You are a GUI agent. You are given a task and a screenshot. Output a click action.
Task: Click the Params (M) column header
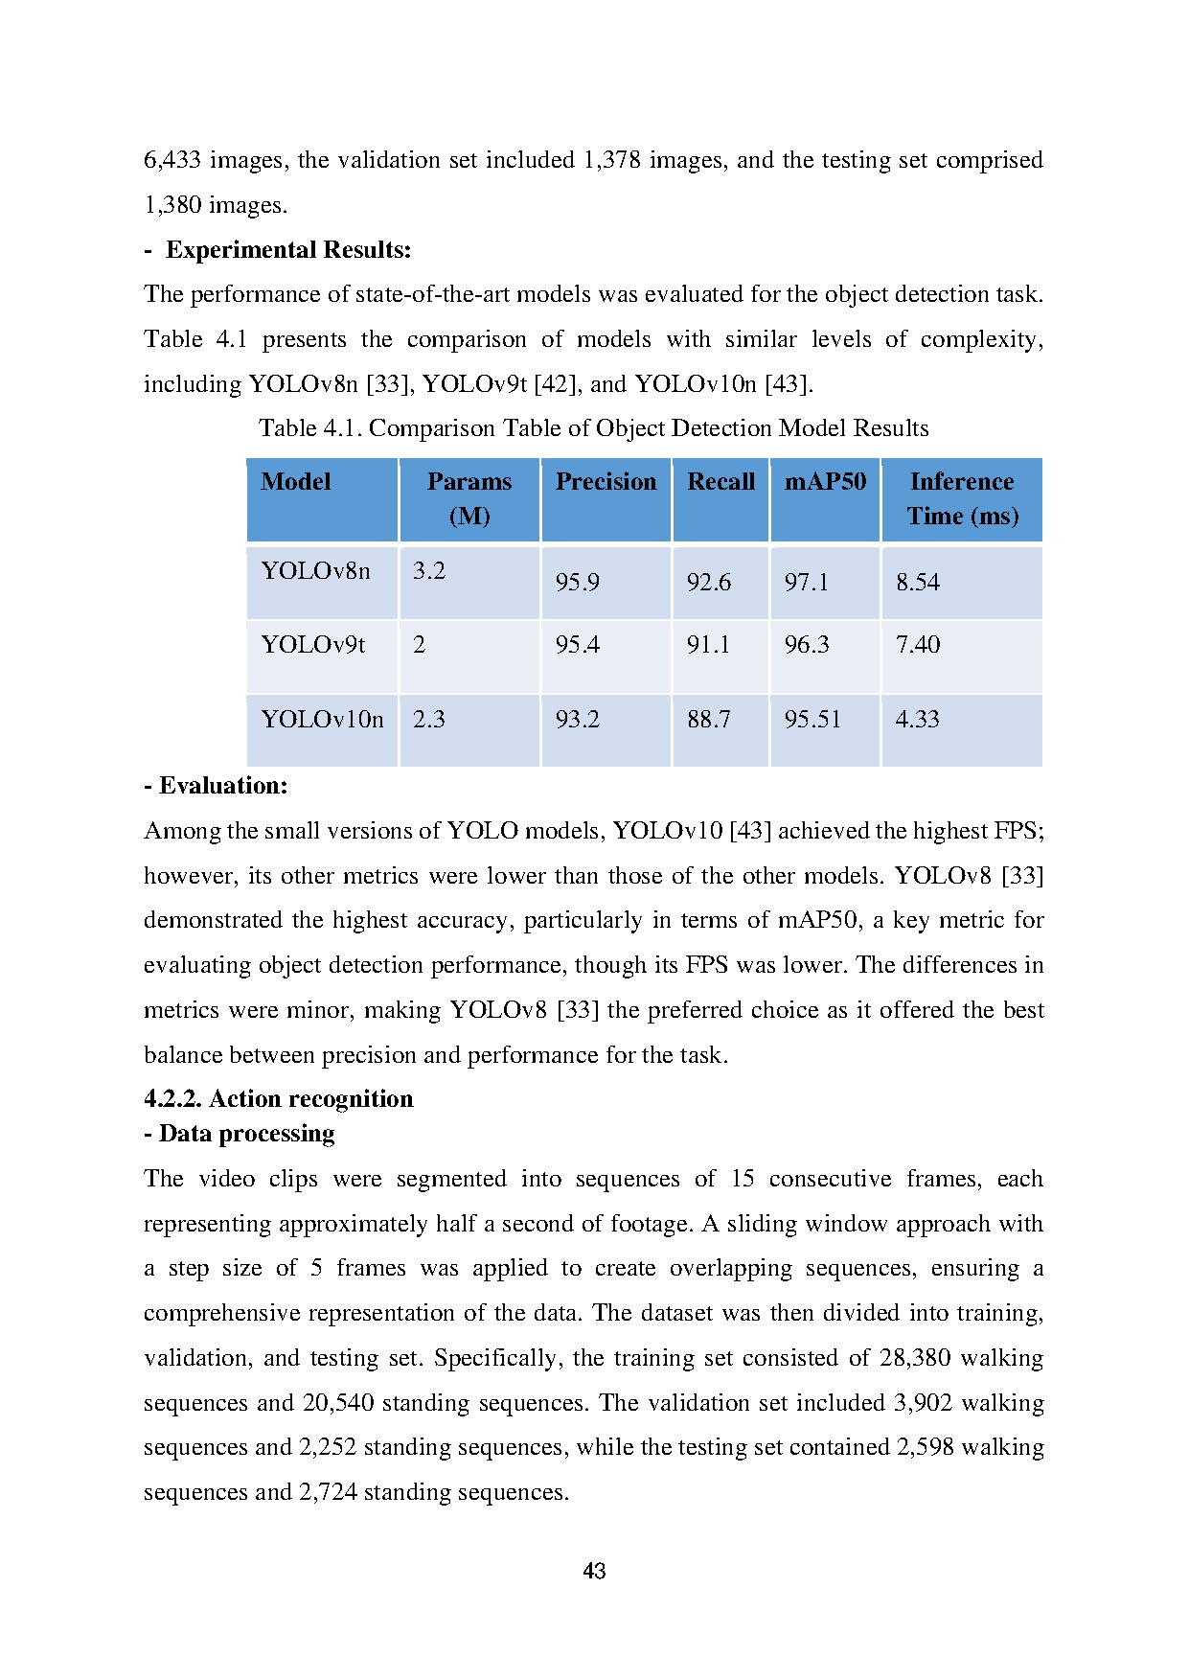pyautogui.click(x=469, y=498)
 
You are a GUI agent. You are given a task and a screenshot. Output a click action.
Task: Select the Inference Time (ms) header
pyautogui.click(x=962, y=498)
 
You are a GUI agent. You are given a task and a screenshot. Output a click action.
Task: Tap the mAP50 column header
pyautogui.click(x=825, y=481)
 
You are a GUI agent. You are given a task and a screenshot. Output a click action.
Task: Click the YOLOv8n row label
pyautogui.click(x=315, y=571)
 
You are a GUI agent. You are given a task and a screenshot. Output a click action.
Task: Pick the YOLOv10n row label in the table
pyautogui.click(x=322, y=720)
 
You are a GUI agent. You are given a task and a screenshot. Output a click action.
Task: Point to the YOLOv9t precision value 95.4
pyautogui.click(x=578, y=645)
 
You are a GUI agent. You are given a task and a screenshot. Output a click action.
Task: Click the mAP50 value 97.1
pyautogui.click(x=807, y=582)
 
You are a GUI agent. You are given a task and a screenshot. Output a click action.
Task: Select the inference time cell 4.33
pyautogui.click(x=917, y=720)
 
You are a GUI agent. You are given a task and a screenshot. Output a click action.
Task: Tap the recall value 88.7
pyautogui.click(x=709, y=720)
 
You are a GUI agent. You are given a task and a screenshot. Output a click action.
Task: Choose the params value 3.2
pyautogui.click(x=429, y=571)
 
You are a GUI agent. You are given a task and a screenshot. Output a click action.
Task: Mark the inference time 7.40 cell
pyautogui.click(x=918, y=645)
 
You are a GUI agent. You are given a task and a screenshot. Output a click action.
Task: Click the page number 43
pyautogui.click(x=594, y=1571)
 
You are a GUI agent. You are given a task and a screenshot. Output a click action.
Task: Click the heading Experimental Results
pyautogui.click(x=288, y=250)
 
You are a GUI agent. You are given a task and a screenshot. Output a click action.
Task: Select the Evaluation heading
pyautogui.click(x=222, y=786)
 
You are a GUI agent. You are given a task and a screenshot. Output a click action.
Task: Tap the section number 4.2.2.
pyautogui.click(x=172, y=1099)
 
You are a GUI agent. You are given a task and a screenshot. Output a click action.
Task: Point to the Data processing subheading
pyautogui.click(x=246, y=1134)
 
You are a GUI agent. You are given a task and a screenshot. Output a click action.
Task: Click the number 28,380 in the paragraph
pyautogui.click(x=915, y=1358)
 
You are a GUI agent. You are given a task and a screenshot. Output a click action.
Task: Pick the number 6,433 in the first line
pyautogui.click(x=172, y=160)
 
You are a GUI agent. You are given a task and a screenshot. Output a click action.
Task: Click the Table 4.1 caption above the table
pyautogui.click(x=593, y=428)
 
